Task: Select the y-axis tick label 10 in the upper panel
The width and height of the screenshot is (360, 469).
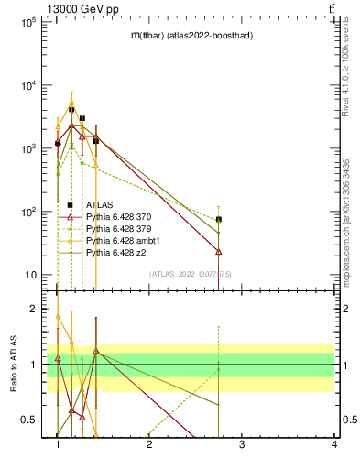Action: (x=29, y=275)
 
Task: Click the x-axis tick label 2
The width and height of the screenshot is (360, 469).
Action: (x=149, y=444)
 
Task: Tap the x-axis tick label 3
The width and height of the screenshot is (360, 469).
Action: (x=242, y=444)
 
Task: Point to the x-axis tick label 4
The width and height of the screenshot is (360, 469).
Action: (x=333, y=444)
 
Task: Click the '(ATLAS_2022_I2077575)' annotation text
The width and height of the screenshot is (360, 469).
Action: (x=190, y=274)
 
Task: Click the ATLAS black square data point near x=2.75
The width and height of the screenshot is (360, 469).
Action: (x=219, y=220)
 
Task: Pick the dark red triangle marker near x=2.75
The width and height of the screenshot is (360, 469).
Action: (x=219, y=251)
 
